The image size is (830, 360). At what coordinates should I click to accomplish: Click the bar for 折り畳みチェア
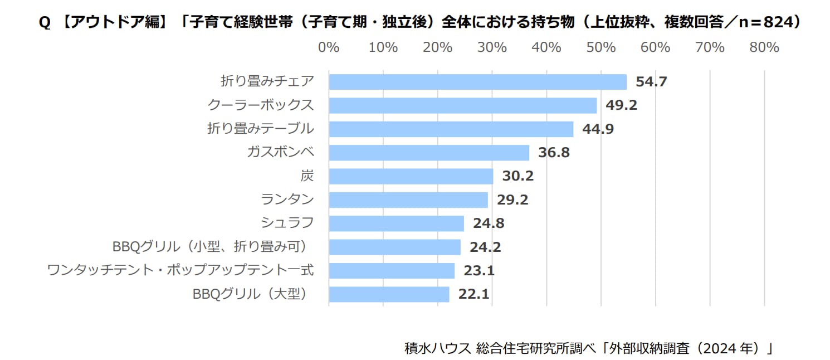coord(477,82)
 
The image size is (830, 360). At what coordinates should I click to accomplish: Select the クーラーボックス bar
coord(462,105)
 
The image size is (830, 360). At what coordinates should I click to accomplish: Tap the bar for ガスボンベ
coord(429,153)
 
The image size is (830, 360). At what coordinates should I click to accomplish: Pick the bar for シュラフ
coord(396,223)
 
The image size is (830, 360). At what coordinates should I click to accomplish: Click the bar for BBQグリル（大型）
coord(389,294)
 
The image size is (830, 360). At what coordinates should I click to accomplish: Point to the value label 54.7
coord(651,82)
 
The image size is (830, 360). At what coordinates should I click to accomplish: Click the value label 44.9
coord(598,129)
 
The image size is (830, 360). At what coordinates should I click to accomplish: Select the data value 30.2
coord(517,176)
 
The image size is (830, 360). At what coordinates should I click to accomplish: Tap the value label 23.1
coord(479,271)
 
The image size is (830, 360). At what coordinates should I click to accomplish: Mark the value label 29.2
coord(512,200)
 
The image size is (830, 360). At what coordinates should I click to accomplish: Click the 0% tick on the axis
coord(329,48)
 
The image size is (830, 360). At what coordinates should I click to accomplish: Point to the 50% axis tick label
coord(600,48)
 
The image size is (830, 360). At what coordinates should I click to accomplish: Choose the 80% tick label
coord(764,48)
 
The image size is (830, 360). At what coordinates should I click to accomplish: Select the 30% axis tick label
coord(492,48)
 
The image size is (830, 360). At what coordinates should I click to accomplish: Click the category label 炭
coord(307,176)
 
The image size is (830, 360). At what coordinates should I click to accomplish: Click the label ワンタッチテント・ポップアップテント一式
coord(180,271)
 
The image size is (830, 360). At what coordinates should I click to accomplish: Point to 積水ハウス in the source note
coord(432,349)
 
